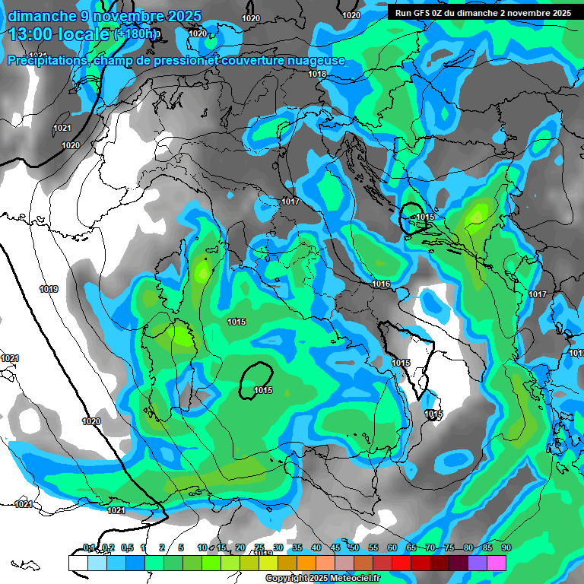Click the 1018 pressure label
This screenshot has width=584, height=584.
318,74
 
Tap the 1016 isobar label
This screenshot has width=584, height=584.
382,284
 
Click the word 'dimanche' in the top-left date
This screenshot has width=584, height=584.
42,16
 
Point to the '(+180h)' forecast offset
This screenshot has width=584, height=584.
136,34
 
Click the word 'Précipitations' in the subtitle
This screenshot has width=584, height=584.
47,61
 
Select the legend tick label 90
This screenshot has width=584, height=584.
506,548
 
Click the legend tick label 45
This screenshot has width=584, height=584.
335,548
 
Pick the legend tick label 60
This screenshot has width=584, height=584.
392,548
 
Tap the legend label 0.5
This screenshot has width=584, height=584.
126,548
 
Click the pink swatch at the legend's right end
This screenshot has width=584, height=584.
497,563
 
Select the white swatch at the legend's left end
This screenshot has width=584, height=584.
78,563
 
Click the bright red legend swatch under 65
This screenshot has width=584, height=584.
401,563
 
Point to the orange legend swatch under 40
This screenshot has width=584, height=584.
306,563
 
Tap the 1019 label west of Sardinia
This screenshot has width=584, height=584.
49,289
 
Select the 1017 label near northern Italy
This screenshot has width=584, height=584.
290,202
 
